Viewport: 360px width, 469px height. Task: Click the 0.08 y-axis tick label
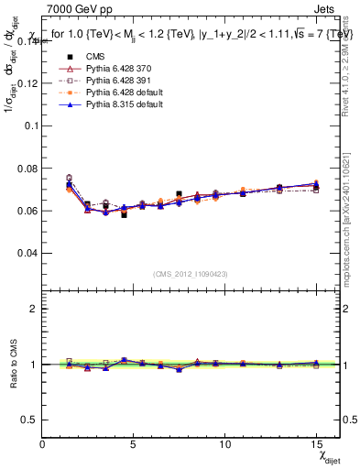28,168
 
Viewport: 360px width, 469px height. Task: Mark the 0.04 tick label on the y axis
28,252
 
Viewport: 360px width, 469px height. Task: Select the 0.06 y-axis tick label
28,210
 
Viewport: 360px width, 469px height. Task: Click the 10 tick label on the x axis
226,443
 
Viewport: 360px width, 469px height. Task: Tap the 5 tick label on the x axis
134,443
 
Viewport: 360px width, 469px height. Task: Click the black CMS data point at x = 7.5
180,194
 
